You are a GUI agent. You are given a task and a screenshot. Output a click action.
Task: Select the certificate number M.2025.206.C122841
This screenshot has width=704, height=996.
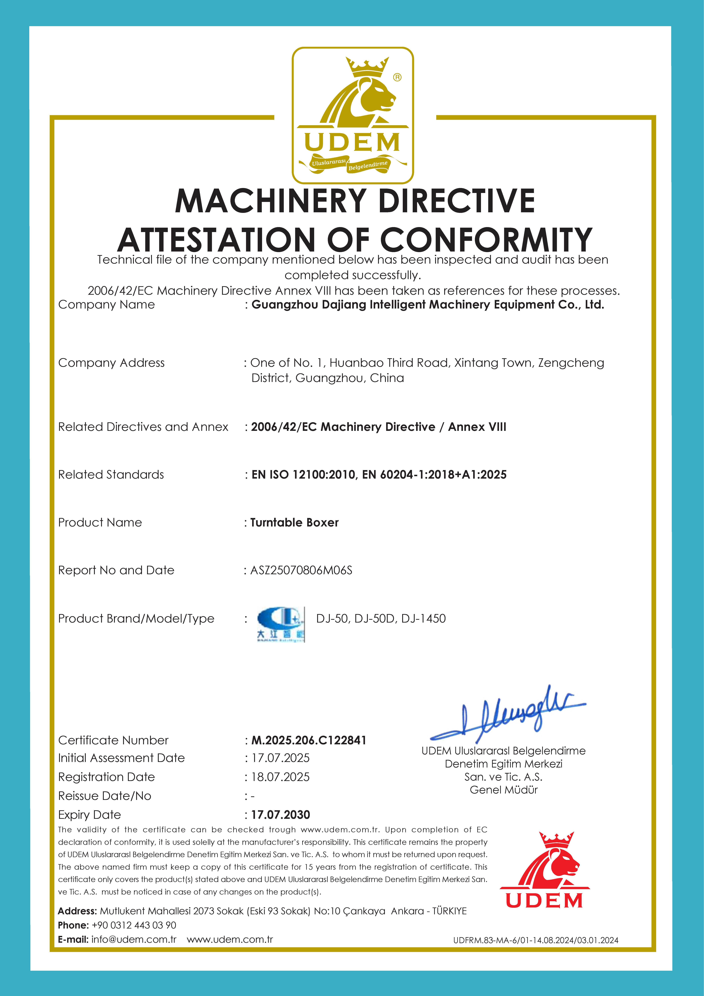coord(309,740)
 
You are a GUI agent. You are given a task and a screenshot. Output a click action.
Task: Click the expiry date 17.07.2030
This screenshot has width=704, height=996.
coord(281,815)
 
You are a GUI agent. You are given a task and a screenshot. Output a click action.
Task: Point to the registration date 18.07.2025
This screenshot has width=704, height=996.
coord(281,777)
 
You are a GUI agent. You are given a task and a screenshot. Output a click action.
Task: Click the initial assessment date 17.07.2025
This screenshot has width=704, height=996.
coord(281,758)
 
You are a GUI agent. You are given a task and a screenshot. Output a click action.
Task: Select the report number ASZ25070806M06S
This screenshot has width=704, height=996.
coord(301,570)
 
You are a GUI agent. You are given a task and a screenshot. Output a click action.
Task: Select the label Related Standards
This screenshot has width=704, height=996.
coord(111,475)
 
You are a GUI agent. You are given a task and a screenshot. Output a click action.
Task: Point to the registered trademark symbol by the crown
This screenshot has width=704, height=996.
coord(397,77)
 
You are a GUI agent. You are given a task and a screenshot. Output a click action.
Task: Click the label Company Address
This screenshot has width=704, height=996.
coord(111,363)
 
